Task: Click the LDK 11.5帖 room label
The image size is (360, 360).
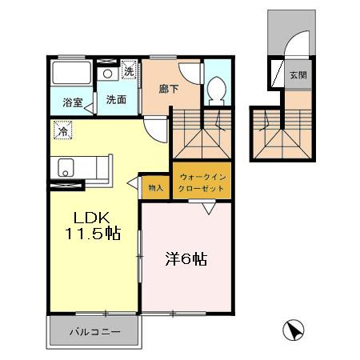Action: pyautogui.click(x=93, y=226)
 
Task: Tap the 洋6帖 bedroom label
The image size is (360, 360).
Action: pyautogui.click(x=186, y=259)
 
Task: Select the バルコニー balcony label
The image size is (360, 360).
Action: pyautogui.click(x=95, y=332)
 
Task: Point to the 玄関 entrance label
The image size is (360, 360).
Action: pyautogui.click(x=298, y=75)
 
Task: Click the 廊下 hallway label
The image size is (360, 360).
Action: pyautogui.click(x=169, y=89)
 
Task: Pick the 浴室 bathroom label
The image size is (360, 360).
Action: pyautogui.click(x=73, y=102)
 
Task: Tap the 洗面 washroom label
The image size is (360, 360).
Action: pyautogui.click(x=116, y=99)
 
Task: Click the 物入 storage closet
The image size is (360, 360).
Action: pyautogui.click(x=156, y=188)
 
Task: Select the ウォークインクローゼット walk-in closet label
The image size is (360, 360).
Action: pyautogui.click(x=202, y=182)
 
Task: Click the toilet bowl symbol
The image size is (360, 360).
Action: pyautogui.click(x=217, y=90)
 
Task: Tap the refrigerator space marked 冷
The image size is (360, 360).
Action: pyautogui.click(x=63, y=130)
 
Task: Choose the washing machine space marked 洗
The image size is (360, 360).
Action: pyautogui.click(x=130, y=70)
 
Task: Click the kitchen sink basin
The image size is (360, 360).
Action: pyautogui.click(x=66, y=167)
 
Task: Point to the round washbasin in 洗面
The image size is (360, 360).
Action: pyautogui.click(x=107, y=74)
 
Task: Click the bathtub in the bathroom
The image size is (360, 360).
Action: pyautogui.click(x=71, y=73)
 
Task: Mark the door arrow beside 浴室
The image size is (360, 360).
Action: pyautogui.click(x=89, y=108)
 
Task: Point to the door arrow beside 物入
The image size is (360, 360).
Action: pyautogui.click(x=132, y=183)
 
